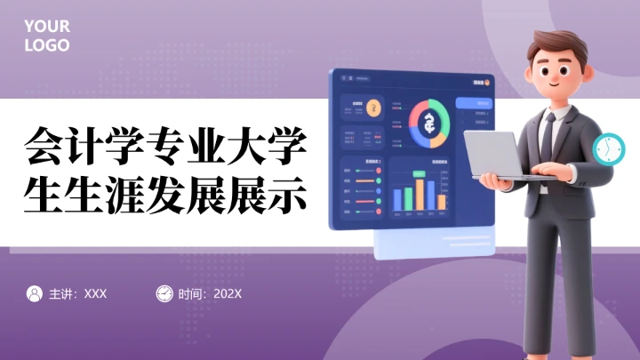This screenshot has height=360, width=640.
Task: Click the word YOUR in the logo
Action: (46, 27)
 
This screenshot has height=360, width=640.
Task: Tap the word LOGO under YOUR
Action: (46, 45)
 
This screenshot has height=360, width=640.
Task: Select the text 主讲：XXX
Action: (77, 293)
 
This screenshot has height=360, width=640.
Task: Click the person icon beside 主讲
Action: (35, 293)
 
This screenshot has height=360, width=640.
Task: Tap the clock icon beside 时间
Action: (164, 293)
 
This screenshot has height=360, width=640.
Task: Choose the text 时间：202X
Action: (210, 293)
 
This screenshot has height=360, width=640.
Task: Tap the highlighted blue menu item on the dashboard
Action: (472, 103)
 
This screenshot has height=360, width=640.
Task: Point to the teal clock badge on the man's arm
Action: (608, 148)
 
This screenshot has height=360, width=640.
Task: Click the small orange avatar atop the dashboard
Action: (487, 83)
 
